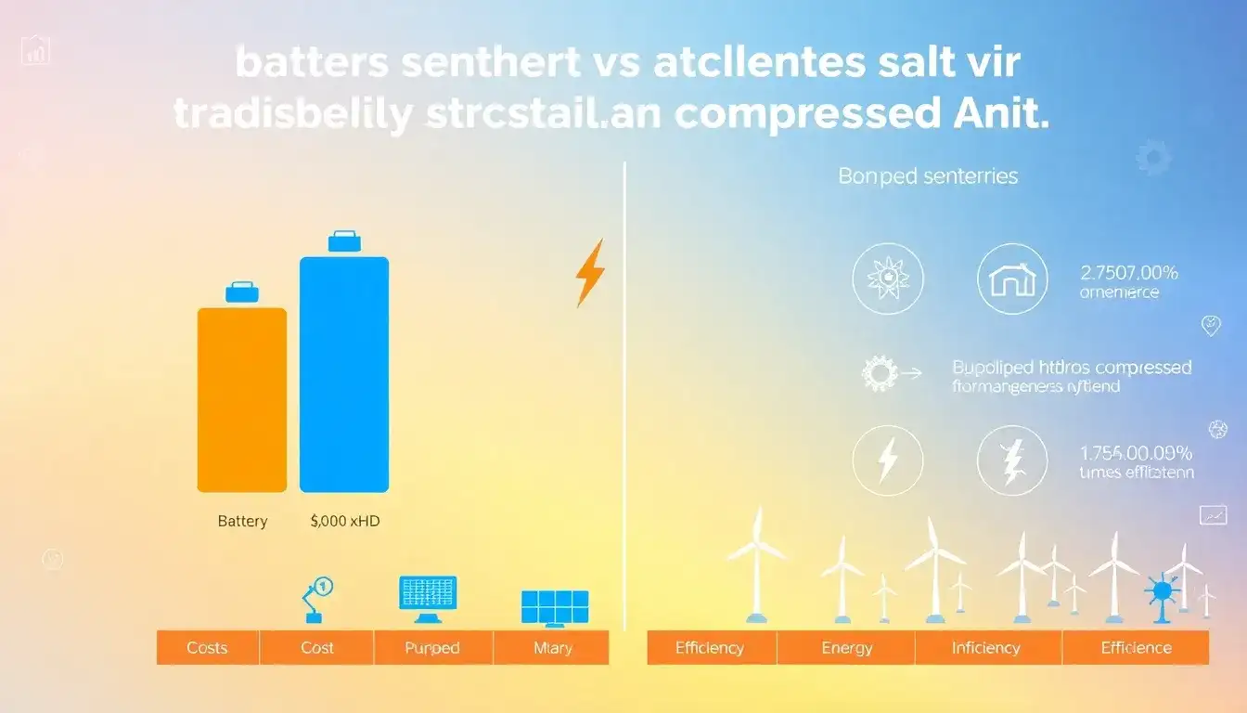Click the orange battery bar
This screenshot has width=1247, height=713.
coord(242,399)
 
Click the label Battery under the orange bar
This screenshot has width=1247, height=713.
coord(242,522)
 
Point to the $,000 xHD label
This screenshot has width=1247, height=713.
coord(345,522)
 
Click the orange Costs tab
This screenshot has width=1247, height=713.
coord(207,648)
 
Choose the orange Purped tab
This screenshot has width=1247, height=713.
coord(432,648)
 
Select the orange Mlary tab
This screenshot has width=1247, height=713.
coord(552,648)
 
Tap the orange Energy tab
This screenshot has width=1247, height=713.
coord(846,648)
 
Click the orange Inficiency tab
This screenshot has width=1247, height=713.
coord(986,648)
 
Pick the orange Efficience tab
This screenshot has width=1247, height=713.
coord(1136,648)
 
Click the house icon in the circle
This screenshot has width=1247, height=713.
coord(1012,279)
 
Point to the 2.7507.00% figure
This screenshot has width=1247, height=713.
coord(1129,273)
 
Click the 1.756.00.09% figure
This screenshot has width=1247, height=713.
coord(1136,454)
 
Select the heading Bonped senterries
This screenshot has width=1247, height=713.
coord(928,175)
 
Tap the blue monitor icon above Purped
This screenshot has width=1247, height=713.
coord(427,596)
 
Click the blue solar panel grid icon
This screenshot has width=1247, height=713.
coord(554,606)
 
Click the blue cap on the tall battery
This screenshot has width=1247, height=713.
coord(344,241)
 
